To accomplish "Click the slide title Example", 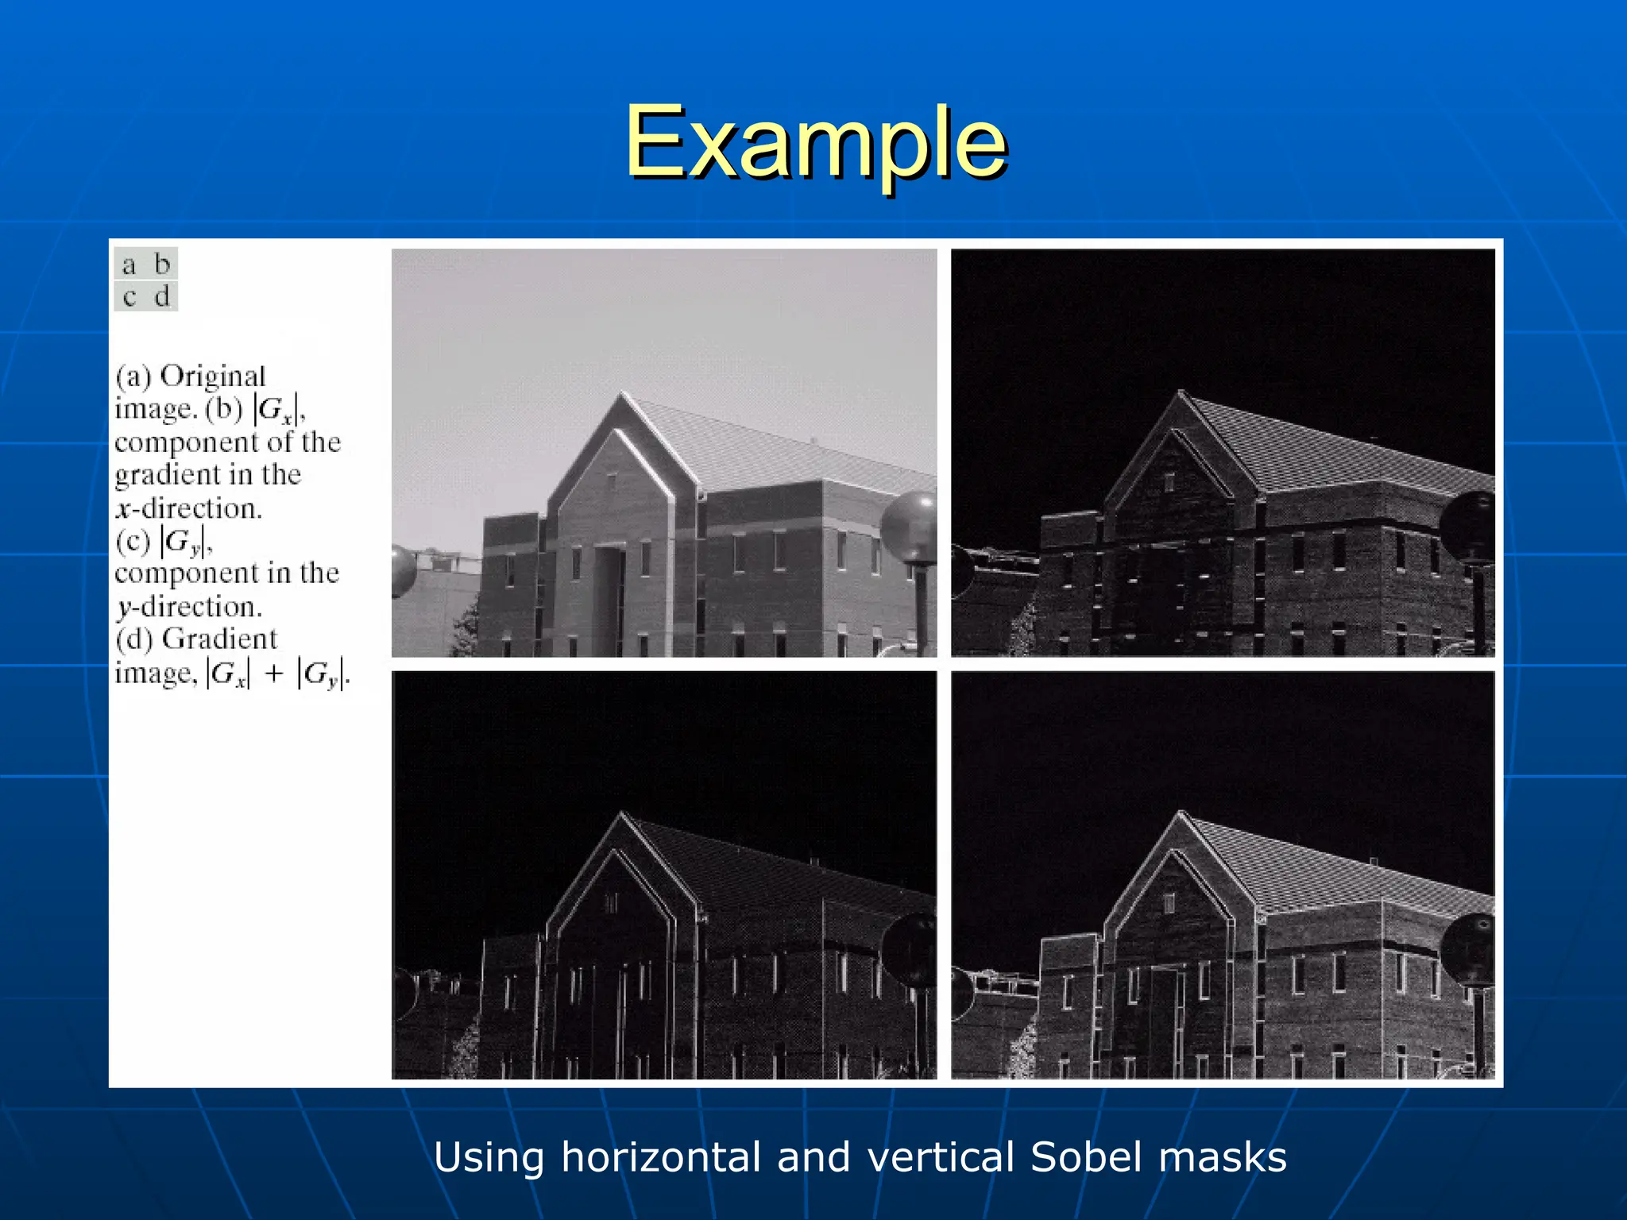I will (816, 143).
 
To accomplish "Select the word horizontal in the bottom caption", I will (661, 1157).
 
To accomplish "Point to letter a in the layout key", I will (129, 264).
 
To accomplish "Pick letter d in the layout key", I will (162, 297).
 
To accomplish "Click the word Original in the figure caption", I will (213, 376).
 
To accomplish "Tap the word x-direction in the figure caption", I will (188, 508).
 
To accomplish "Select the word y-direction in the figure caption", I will (188, 607).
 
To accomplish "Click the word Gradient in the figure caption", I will (220, 639).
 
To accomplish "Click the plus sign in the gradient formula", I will (274, 674).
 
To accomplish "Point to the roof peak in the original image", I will (622, 394).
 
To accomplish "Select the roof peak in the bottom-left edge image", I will (622, 815).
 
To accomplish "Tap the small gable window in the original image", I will (611, 481).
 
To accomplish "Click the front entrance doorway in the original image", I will (609, 596).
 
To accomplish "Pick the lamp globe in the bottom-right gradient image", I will (1469, 948).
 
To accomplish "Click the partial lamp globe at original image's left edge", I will (402, 570).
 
